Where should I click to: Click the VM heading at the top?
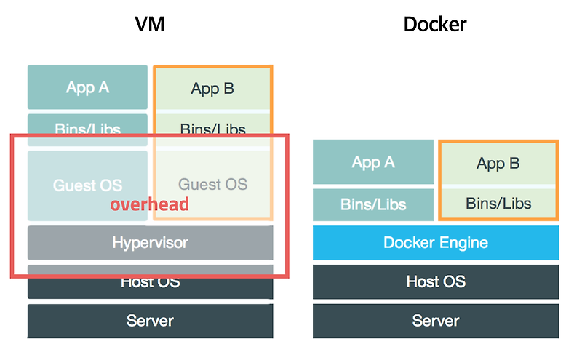pos(150,24)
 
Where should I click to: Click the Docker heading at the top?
pos(435,24)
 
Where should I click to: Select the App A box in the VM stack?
pos(87,87)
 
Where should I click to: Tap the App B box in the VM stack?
pos(212,88)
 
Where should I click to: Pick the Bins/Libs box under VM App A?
pos(87,129)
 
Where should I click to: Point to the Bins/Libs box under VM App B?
pos(212,129)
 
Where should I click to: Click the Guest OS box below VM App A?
pos(87,185)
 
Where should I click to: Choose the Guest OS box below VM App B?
pos(212,185)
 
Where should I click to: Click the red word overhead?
pos(150,204)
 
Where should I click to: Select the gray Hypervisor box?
pos(150,242)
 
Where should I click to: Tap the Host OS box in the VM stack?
pos(150,282)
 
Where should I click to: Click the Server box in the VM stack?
pos(150,321)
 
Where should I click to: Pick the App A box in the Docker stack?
pos(373,162)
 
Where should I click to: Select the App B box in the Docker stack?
pos(498,163)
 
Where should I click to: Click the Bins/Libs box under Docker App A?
pos(373,204)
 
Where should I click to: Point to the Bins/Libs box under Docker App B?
pos(498,204)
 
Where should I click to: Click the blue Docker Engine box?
pos(436,243)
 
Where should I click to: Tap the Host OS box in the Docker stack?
pos(436,282)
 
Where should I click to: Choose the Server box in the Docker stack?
pos(436,321)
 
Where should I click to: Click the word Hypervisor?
pos(150,242)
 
